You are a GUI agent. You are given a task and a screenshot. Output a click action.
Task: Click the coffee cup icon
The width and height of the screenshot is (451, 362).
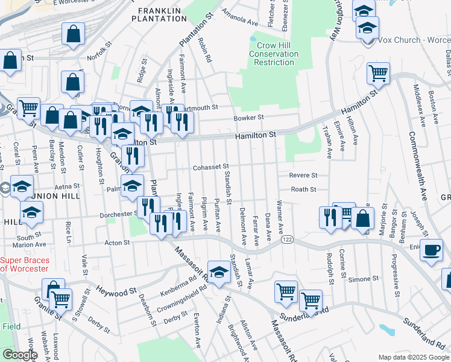tap(432, 250)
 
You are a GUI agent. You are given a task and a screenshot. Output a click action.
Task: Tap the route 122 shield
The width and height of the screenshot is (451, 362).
tap(287, 240)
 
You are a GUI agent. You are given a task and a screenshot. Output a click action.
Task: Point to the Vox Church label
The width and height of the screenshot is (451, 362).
tap(414, 40)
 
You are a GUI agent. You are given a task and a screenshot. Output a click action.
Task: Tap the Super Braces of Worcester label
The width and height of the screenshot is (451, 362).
tap(24, 264)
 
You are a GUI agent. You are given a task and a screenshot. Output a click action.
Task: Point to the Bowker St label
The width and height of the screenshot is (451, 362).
tap(249, 118)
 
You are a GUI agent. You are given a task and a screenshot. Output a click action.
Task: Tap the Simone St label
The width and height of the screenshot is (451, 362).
tap(367, 279)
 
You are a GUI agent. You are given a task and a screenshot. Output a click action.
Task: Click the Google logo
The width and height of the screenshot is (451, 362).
tap(20, 355)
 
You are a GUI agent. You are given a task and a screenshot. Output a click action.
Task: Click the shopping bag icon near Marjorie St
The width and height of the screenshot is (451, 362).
tap(363, 219)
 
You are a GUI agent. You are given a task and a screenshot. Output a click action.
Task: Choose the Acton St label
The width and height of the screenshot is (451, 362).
tap(118, 243)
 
